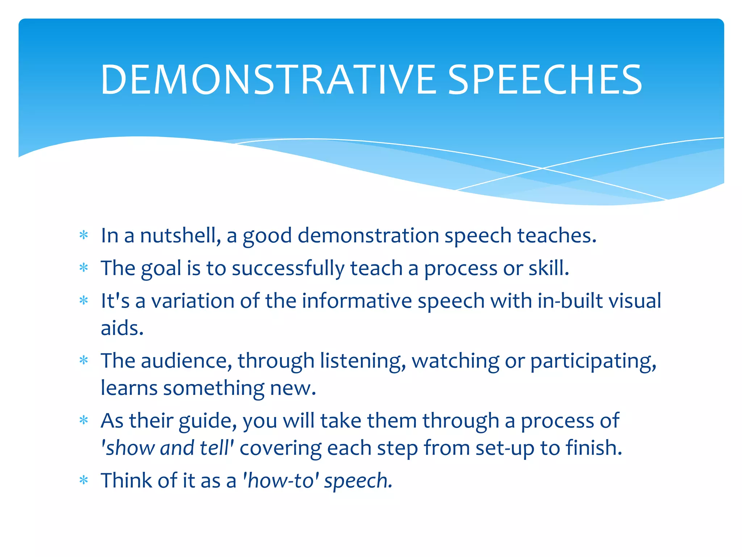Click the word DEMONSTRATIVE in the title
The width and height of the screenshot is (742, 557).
(268, 80)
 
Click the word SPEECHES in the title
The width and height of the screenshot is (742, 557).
(545, 80)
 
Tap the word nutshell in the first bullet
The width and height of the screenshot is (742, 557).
(180, 236)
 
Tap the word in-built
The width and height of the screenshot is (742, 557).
(570, 301)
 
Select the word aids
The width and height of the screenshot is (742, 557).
(122, 328)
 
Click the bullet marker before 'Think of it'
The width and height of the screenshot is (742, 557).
(84, 481)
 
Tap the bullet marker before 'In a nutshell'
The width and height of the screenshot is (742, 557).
(84, 236)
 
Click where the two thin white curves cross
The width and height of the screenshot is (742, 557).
(542, 168)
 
